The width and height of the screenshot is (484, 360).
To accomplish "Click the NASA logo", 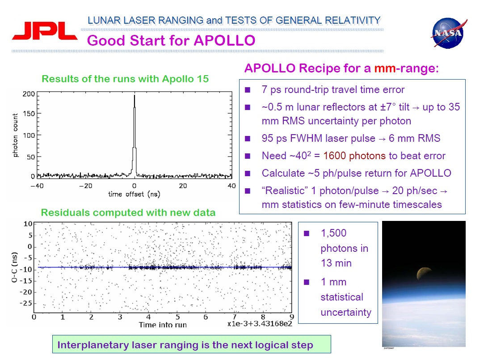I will click(448, 34).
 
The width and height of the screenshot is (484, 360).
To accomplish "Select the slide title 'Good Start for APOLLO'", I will click(171, 41).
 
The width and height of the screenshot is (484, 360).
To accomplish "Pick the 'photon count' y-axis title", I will click(16, 135).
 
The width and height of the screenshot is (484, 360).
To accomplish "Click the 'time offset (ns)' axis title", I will click(134, 194).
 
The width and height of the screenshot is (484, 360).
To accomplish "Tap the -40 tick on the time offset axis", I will click(38, 185).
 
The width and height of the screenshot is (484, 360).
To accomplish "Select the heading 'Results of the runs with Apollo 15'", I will click(125, 79).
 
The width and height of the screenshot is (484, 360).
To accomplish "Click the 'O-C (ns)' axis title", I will click(14, 267).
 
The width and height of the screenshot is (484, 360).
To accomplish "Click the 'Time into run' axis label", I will click(162, 325).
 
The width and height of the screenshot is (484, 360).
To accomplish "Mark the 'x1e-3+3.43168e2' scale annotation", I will click(260, 324).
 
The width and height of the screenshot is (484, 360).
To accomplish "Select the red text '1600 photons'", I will click(356, 156).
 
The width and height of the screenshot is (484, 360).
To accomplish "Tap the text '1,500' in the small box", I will click(333, 233).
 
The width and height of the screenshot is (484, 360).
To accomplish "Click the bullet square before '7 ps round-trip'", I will click(248, 90).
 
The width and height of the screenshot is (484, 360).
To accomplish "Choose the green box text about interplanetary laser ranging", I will click(185, 345).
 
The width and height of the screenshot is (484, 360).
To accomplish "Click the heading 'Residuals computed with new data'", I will click(128, 213).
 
